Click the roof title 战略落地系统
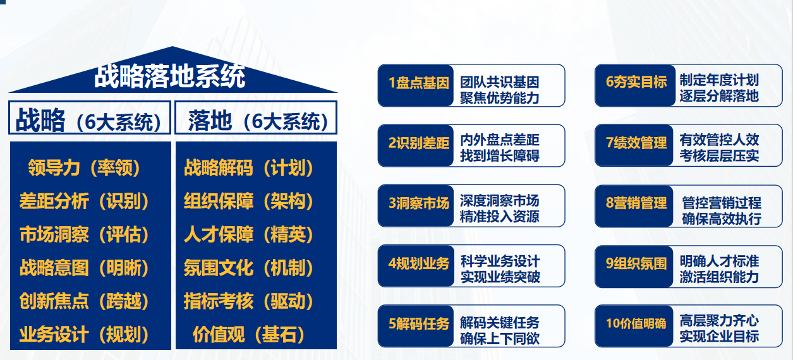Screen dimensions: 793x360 [x=170, y=76]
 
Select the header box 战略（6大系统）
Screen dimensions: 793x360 [x=90, y=118]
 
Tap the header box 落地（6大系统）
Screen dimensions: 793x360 [x=256, y=118]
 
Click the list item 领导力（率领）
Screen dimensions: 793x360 [x=84, y=168]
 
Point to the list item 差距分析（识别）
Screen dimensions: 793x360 [x=84, y=201]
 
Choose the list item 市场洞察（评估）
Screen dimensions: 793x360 [x=84, y=234]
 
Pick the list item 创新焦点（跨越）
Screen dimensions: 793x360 [x=84, y=301]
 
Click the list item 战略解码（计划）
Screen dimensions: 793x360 [x=248, y=168]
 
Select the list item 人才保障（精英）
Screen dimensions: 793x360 [x=248, y=234]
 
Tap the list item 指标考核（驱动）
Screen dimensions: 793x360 [x=248, y=301]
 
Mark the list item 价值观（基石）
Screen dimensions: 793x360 [x=248, y=335]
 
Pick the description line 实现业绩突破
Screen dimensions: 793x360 [x=500, y=277]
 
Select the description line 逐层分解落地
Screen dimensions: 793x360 [x=719, y=96]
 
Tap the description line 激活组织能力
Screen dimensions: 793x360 [x=719, y=277]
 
